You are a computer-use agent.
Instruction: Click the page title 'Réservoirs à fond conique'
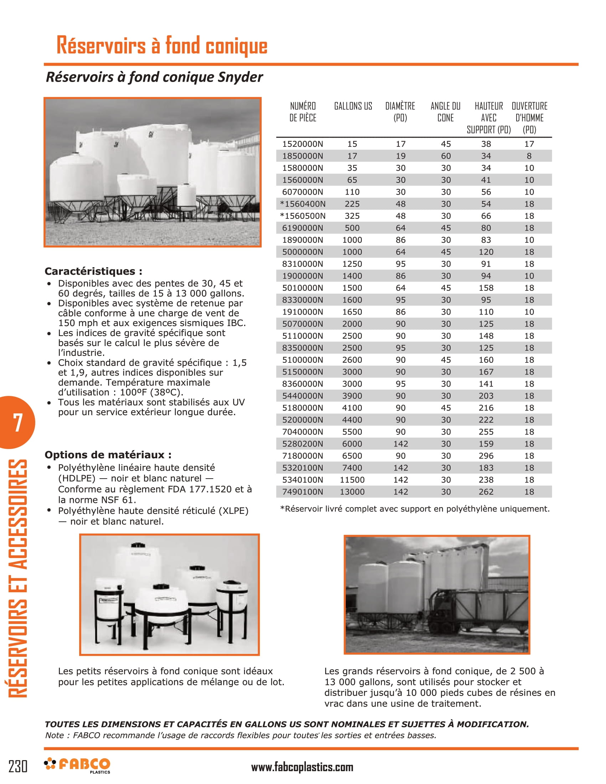coord(162,46)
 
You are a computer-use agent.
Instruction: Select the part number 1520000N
coord(302,144)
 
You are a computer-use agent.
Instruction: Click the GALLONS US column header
coord(353,106)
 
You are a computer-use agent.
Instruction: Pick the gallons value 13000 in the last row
coord(352,492)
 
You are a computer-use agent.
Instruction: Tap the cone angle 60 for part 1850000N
coord(446,156)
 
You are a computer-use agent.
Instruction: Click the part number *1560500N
coord(302,216)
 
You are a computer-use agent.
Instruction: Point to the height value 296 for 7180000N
coord(486,456)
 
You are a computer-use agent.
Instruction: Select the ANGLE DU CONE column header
coord(445,112)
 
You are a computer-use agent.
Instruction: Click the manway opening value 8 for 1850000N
coord(529,156)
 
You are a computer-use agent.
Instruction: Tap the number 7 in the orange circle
coord(17,422)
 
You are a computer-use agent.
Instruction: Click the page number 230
coord(17,766)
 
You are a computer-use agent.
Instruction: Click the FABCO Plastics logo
coord(78,765)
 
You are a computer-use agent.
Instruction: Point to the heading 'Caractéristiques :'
coord(93,271)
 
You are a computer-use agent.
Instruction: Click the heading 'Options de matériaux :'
coord(108,455)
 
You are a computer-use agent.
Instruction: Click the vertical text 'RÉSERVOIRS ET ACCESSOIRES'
coord(17,578)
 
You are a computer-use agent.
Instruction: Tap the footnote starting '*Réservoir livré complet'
coord(414,509)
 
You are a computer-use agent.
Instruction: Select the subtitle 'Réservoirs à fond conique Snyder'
coord(154,77)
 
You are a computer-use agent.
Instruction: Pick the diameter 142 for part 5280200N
coord(400,444)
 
